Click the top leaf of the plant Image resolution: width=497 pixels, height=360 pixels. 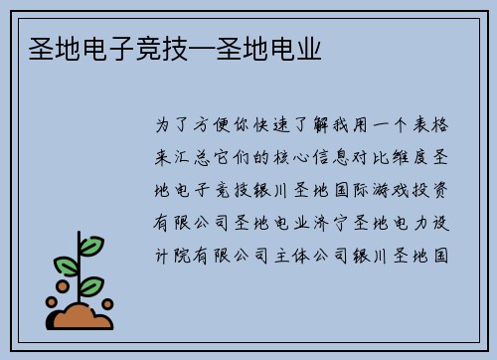click(91, 244)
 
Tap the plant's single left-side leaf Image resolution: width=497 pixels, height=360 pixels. click(67, 266)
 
